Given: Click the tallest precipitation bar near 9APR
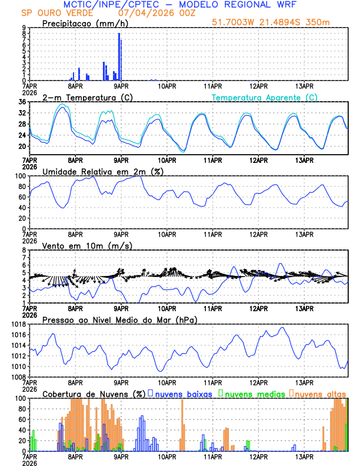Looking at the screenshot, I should click(119, 56).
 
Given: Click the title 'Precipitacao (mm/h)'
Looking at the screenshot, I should click(85, 23).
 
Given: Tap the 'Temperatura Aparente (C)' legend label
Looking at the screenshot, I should click(265, 97).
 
